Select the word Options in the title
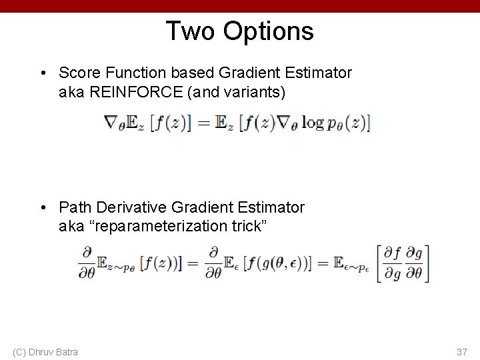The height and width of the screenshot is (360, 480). [x=269, y=31]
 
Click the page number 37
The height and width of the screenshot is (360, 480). [x=461, y=351]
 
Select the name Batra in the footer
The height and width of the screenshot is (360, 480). [x=65, y=351]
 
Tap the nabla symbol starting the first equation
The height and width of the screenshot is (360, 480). [x=111, y=123]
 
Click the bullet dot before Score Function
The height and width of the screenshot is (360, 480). [x=43, y=73]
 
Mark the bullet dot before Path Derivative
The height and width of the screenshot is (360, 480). [x=43, y=207]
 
